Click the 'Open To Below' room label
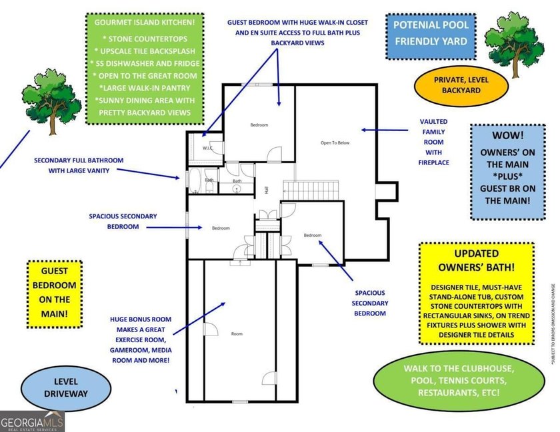click(x=335, y=142)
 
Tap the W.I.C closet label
click(x=207, y=148)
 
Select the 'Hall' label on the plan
click(x=267, y=190)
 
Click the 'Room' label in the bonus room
click(x=237, y=333)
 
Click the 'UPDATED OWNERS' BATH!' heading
click(x=476, y=262)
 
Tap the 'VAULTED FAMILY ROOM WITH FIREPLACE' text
click(x=433, y=142)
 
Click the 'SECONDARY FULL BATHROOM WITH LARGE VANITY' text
click(x=79, y=165)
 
